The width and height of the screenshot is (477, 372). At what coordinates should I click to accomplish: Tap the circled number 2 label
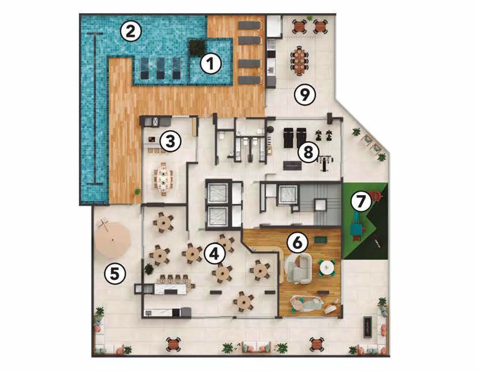(131, 33)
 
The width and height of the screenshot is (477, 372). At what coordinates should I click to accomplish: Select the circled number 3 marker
(170, 141)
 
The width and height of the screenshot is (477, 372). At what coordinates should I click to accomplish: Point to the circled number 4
(214, 254)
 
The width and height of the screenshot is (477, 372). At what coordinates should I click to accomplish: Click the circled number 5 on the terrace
(115, 274)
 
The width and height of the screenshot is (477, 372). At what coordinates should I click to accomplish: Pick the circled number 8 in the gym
(308, 152)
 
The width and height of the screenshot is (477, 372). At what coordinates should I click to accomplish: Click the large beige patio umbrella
(113, 240)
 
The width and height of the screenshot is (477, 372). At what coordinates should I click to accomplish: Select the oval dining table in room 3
(163, 179)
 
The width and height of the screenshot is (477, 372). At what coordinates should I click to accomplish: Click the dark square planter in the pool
(197, 48)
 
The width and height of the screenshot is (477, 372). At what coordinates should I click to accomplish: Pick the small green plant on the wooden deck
(137, 191)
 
